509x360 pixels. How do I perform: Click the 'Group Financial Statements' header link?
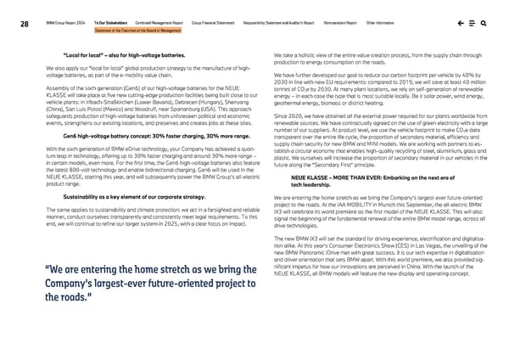[x=219, y=25]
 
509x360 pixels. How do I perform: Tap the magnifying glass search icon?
[x=483, y=25]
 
